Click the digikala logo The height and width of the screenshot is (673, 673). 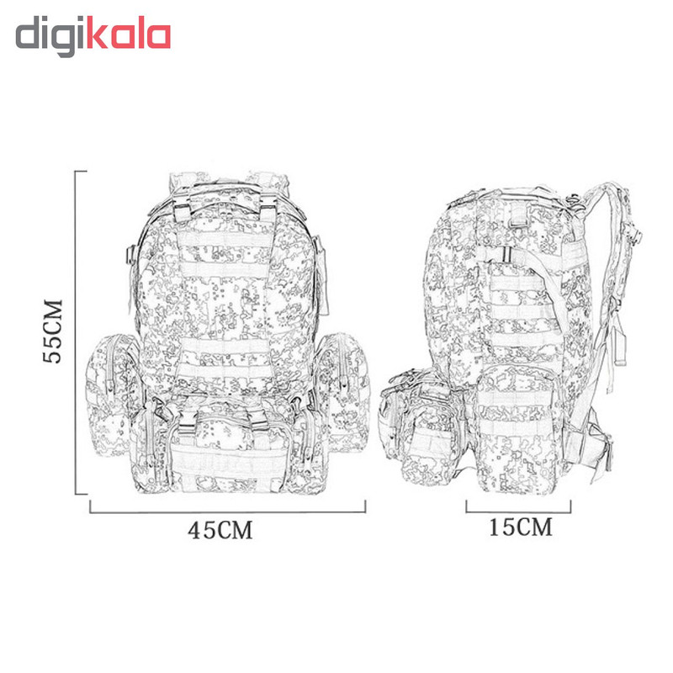93,36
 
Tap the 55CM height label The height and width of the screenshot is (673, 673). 53,331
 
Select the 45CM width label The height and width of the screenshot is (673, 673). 220,531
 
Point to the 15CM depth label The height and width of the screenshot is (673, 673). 521,527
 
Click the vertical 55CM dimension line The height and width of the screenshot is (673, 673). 76,332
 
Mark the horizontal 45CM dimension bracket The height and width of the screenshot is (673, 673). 227,511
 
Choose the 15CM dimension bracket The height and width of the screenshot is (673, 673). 518,511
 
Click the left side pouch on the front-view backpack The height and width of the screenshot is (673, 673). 113,395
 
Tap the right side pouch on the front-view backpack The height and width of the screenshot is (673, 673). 343,393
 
